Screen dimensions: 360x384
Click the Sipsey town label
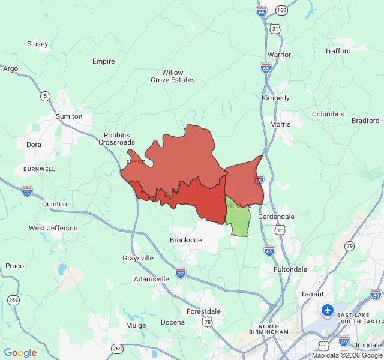tap(37, 44)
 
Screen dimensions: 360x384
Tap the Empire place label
tap(103, 61)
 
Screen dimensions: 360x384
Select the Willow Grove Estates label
tap(173, 76)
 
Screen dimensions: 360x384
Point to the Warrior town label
tap(279, 55)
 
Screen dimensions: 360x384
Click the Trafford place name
tap(338, 51)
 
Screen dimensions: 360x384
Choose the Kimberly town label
tap(275, 98)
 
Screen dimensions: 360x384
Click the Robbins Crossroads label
tap(116, 139)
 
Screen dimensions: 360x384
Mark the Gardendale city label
tap(276, 216)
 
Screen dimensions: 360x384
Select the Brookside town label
tap(185, 240)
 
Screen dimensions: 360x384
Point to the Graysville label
tap(138, 258)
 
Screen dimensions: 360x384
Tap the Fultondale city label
tap(290, 269)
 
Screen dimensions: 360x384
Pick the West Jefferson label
tap(53, 228)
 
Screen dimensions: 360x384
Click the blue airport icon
tap(328, 310)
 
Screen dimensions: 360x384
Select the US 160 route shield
tap(282, 11)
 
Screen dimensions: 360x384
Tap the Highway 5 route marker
tap(45, 95)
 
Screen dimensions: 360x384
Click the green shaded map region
tap(239, 220)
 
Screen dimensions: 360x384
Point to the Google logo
tap(20, 353)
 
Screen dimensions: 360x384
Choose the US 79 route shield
tap(350, 246)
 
